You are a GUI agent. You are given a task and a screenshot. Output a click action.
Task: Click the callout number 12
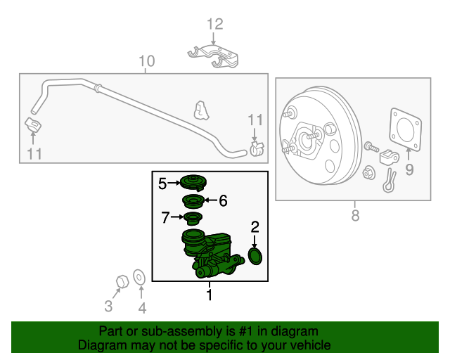click(214, 25)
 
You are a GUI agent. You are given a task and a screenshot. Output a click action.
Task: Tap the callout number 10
click(146, 61)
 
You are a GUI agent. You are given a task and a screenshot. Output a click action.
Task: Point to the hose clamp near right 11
click(256, 148)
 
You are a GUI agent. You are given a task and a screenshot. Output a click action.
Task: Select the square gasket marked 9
click(404, 129)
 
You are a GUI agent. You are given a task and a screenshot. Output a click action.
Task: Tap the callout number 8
click(354, 214)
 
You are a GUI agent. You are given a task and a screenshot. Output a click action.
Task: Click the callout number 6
click(223, 201)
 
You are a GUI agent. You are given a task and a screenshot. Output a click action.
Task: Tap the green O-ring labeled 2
click(255, 257)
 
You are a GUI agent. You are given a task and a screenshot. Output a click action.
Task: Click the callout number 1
click(209, 295)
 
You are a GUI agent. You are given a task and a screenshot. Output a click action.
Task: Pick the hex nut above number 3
click(120, 281)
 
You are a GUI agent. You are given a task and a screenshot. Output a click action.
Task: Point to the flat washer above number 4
click(139, 278)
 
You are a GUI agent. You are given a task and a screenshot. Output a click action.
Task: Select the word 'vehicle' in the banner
click(309, 345)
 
